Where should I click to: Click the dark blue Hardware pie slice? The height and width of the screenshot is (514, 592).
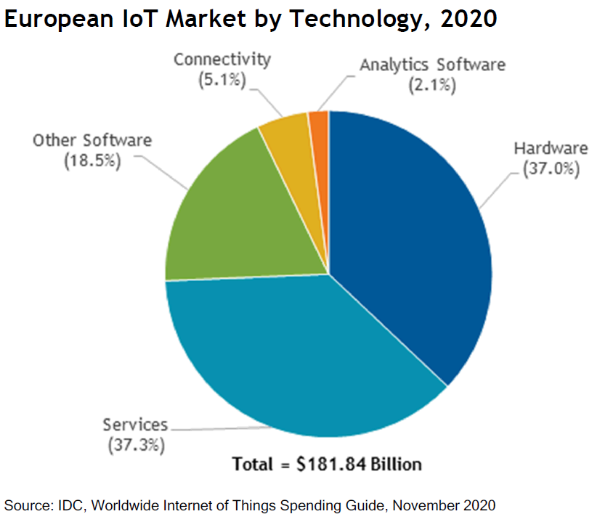(x=407, y=240)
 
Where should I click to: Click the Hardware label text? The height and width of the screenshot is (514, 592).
(x=551, y=149)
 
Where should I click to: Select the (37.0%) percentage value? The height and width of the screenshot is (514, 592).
(x=551, y=171)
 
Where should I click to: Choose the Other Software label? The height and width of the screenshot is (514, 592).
(x=92, y=140)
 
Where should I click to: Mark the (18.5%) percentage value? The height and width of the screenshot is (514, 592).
(x=92, y=160)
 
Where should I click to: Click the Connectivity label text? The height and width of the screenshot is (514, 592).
(x=222, y=59)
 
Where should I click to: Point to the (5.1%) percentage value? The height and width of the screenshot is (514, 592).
(x=222, y=80)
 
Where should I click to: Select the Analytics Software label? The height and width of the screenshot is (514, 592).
(x=431, y=64)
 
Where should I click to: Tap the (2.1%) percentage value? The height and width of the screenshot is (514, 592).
(x=431, y=85)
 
